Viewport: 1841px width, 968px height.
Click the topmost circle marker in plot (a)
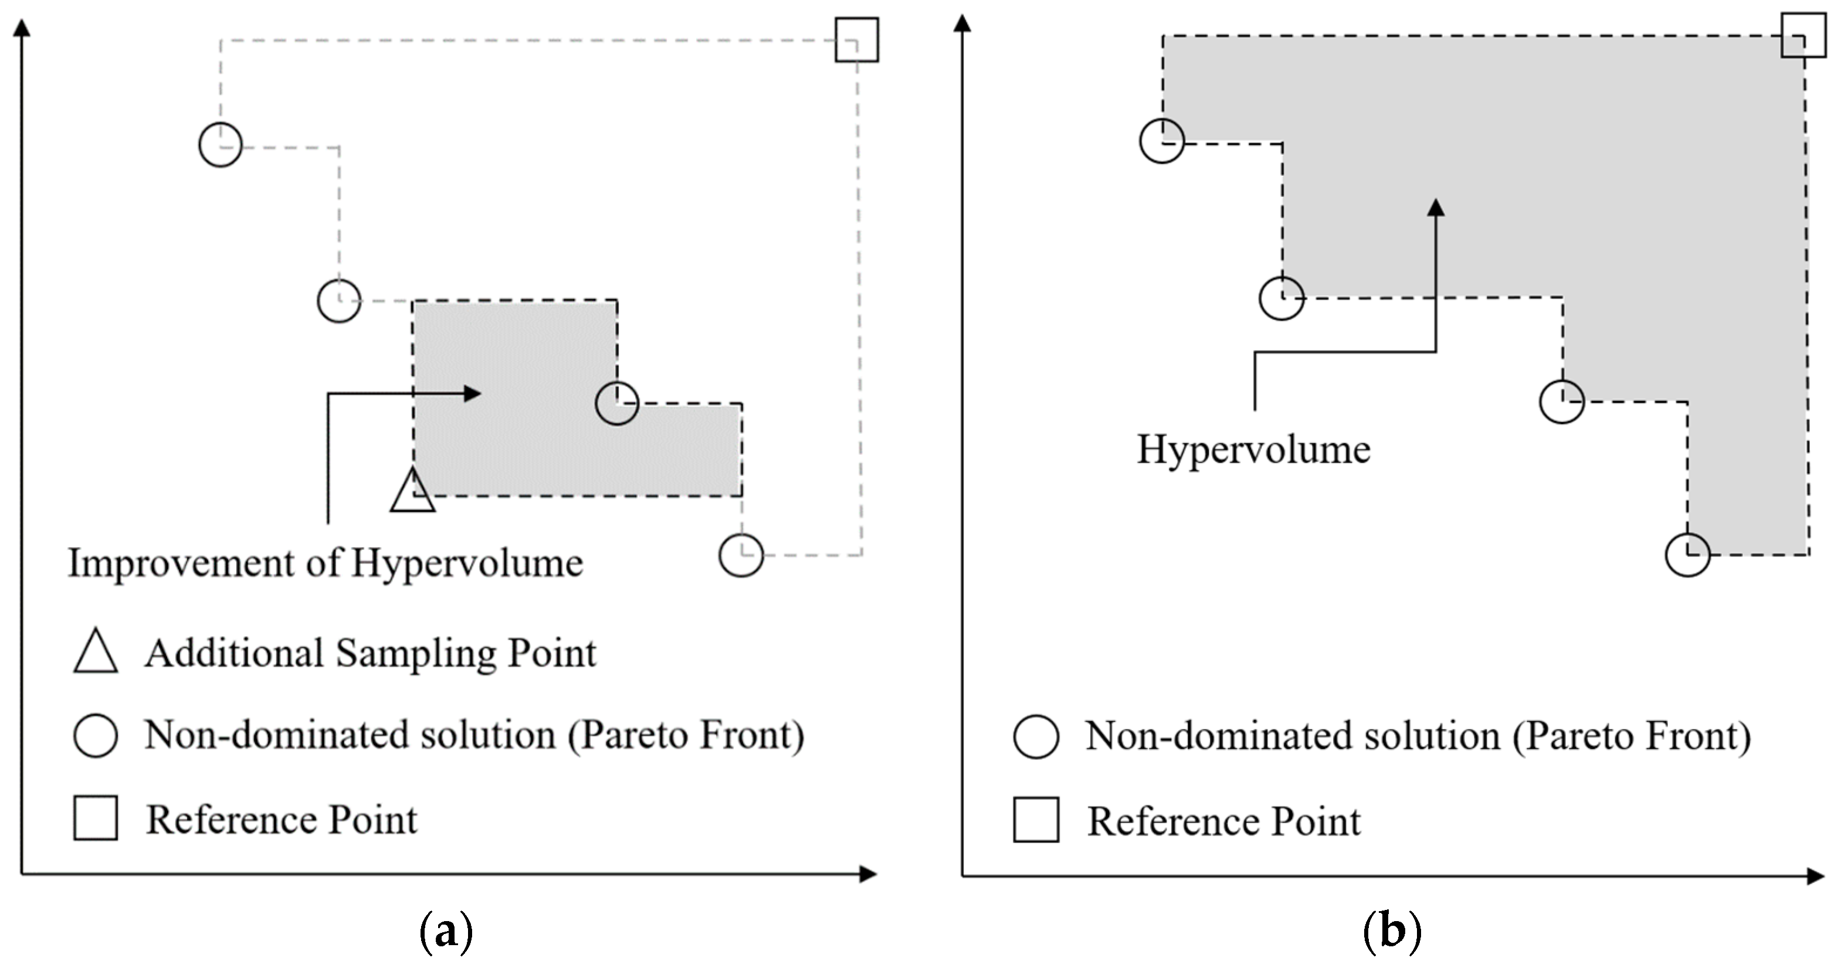[x=220, y=145]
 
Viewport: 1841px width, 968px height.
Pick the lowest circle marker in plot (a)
[x=741, y=555]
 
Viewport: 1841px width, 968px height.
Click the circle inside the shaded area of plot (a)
[x=617, y=403]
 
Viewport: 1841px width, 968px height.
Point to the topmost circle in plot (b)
[x=1161, y=141]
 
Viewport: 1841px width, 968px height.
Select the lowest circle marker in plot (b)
[x=1687, y=555]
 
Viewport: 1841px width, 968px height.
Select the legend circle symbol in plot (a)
[x=96, y=735]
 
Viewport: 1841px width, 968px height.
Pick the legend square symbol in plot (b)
[x=1036, y=820]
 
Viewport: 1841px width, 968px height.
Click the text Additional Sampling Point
[x=370, y=653]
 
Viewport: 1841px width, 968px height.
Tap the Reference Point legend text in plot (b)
[x=1223, y=821]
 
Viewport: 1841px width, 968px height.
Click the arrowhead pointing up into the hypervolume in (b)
[x=1435, y=207]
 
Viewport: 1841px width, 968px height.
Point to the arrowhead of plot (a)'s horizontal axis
[x=867, y=874]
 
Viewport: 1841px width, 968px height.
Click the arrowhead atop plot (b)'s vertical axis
[x=962, y=24]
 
